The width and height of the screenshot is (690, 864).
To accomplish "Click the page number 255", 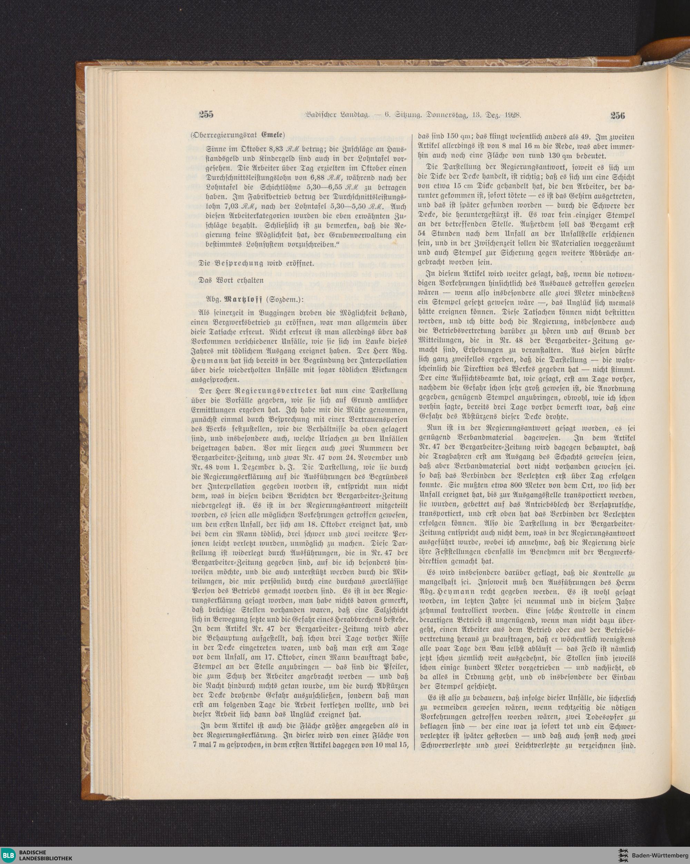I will tap(206, 115).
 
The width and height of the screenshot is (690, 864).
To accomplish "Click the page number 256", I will tap(618, 116).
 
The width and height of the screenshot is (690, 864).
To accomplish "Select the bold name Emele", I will tap(274, 134).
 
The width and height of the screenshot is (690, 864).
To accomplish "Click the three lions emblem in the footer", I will tap(621, 852).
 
